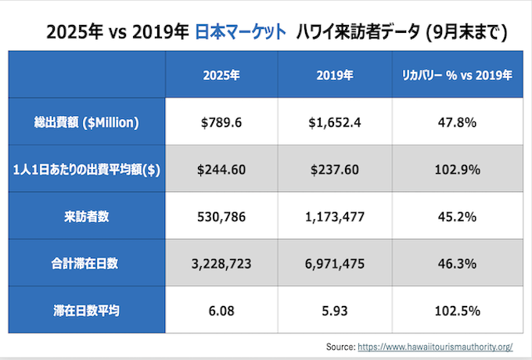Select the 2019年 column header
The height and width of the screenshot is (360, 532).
[336, 75]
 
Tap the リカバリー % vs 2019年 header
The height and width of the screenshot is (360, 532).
[456, 75]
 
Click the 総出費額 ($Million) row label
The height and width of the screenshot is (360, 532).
[87, 122]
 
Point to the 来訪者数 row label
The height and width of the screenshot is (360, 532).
[87, 217]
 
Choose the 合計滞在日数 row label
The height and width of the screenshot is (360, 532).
[87, 265]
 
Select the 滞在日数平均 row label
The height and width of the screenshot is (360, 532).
[87, 311]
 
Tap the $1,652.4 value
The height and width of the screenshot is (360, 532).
[336, 122]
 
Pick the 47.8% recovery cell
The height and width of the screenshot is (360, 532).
[456, 122]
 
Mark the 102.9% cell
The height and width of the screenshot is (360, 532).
[456, 170]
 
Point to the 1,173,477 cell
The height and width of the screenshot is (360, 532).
[336, 217]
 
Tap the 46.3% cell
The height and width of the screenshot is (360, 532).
[456, 265]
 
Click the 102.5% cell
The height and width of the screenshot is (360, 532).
[456, 311]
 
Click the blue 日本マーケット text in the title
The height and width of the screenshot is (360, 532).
[239, 32]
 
